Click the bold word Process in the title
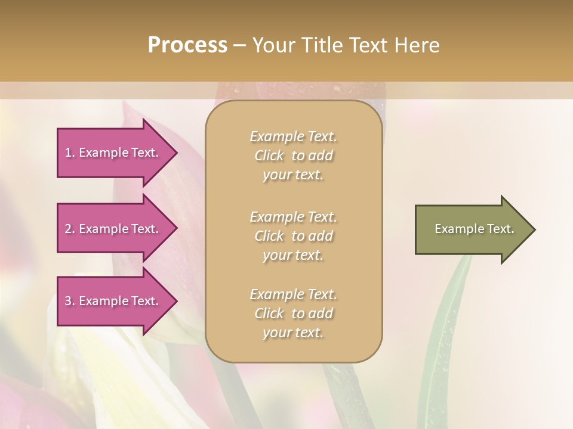point(187,45)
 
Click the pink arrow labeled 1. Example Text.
point(113,153)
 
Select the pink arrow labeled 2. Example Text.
point(113,229)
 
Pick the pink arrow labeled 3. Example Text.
point(113,301)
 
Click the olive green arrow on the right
point(472,229)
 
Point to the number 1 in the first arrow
point(68,153)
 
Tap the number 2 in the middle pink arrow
point(68,229)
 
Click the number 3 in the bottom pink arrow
point(68,301)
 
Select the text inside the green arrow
point(474,229)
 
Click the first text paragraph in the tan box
point(293,156)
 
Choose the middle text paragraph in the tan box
point(293,236)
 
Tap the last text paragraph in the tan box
point(293,313)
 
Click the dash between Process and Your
point(239,45)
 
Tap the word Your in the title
point(273,45)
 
